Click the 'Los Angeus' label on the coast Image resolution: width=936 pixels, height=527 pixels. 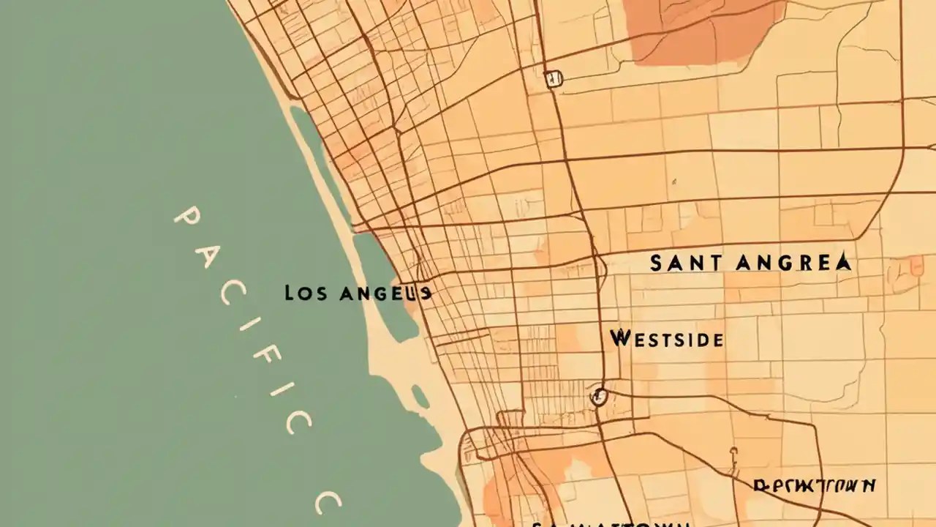pyautogui.click(x=358, y=294)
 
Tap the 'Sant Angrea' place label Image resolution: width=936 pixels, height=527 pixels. pyautogui.click(x=750, y=263)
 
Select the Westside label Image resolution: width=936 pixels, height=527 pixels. pyautogui.click(x=666, y=339)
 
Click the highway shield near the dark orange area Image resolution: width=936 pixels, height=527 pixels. pyautogui.click(x=554, y=79)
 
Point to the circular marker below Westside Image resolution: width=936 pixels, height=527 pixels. pyautogui.click(x=599, y=397)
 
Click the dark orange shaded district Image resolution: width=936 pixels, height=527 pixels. pyautogui.click(x=702, y=29)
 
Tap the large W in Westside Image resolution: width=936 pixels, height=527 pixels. pyautogui.click(x=619, y=338)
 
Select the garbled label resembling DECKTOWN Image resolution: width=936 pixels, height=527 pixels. pyautogui.click(x=815, y=486)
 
